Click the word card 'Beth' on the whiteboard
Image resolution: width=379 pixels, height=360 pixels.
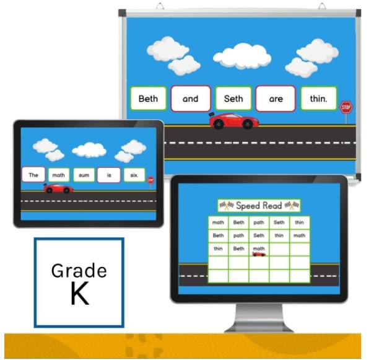(x=148, y=99)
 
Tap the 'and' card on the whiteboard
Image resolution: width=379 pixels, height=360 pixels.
(x=190, y=99)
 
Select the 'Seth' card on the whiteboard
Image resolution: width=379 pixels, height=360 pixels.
(x=233, y=99)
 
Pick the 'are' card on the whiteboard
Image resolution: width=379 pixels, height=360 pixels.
(x=276, y=99)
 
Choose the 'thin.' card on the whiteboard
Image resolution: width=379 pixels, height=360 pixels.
(x=318, y=99)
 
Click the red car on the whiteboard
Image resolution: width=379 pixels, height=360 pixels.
(x=232, y=121)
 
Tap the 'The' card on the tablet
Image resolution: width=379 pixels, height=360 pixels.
(x=33, y=175)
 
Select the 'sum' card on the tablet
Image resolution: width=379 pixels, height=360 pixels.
(x=84, y=175)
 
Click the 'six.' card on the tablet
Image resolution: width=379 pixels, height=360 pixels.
(x=134, y=175)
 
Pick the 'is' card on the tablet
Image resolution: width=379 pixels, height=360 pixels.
(x=109, y=175)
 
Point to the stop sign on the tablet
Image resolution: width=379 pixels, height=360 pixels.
(x=150, y=180)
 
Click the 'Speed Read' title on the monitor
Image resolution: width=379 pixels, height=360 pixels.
(x=259, y=206)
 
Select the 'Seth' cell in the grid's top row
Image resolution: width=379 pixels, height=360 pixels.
(x=279, y=222)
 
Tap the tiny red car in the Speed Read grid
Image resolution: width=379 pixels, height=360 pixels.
(x=259, y=253)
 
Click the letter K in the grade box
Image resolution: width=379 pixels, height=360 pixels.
(x=79, y=294)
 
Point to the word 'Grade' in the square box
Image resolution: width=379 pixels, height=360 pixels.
(x=79, y=271)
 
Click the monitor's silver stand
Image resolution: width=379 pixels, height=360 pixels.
(x=258, y=320)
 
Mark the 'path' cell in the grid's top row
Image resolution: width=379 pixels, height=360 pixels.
(x=259, y=222)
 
